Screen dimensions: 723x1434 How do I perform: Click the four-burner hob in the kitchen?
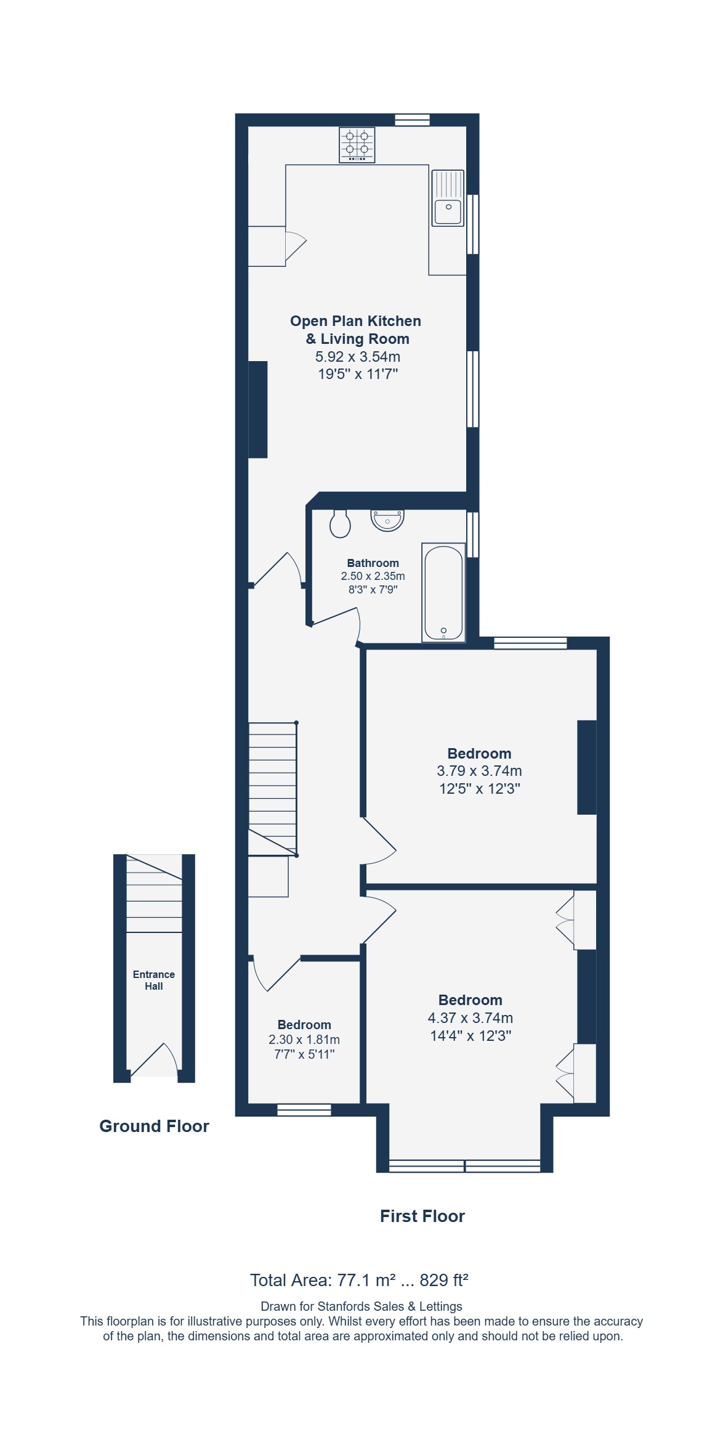click(x=357, y=145)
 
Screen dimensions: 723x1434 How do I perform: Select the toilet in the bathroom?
click(x=340, y=523)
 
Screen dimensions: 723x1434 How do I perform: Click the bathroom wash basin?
click(x=387, y=520)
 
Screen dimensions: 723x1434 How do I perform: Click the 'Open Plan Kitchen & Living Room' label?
click(x=356, y=330)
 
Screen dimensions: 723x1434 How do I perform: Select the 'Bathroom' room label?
click(x=373, y=563)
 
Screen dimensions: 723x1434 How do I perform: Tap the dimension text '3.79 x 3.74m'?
click(x=479, y=770)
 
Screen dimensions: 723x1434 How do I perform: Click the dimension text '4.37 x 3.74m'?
click(x=471, y=1017)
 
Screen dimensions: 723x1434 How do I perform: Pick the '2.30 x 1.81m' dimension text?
click(x=304, y=1039)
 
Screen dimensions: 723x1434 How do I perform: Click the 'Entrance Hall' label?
click(x=154, y=980)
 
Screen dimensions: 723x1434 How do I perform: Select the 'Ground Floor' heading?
click(x=154, y=1126)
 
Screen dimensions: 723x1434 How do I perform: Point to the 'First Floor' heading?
click(x=422, y=1216)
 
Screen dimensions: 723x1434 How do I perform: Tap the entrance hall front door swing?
click(x=155, y=1059)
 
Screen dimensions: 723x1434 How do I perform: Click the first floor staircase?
click(x=272, y=789)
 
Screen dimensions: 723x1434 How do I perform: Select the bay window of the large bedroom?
click(x=465, y=1165)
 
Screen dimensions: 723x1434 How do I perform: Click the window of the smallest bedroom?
click(x=304, y=1110)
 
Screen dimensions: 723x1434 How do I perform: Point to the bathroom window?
click(x=472, y=534)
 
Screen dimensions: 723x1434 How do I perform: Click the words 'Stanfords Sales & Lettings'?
click(x=390, y=1306)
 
